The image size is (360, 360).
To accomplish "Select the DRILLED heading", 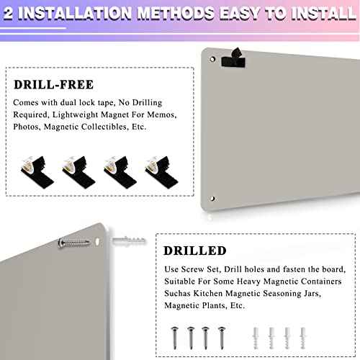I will pos(195,251).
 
